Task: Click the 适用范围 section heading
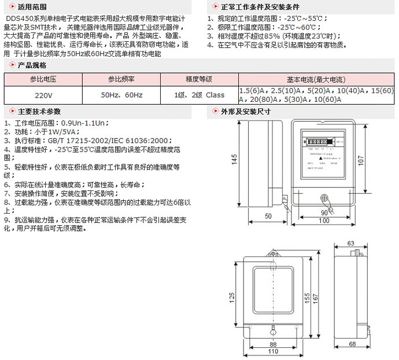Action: pos(32,7)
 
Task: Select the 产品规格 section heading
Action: pos(32,65)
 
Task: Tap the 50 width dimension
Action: pos(268,216)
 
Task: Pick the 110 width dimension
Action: pos(274,351)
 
